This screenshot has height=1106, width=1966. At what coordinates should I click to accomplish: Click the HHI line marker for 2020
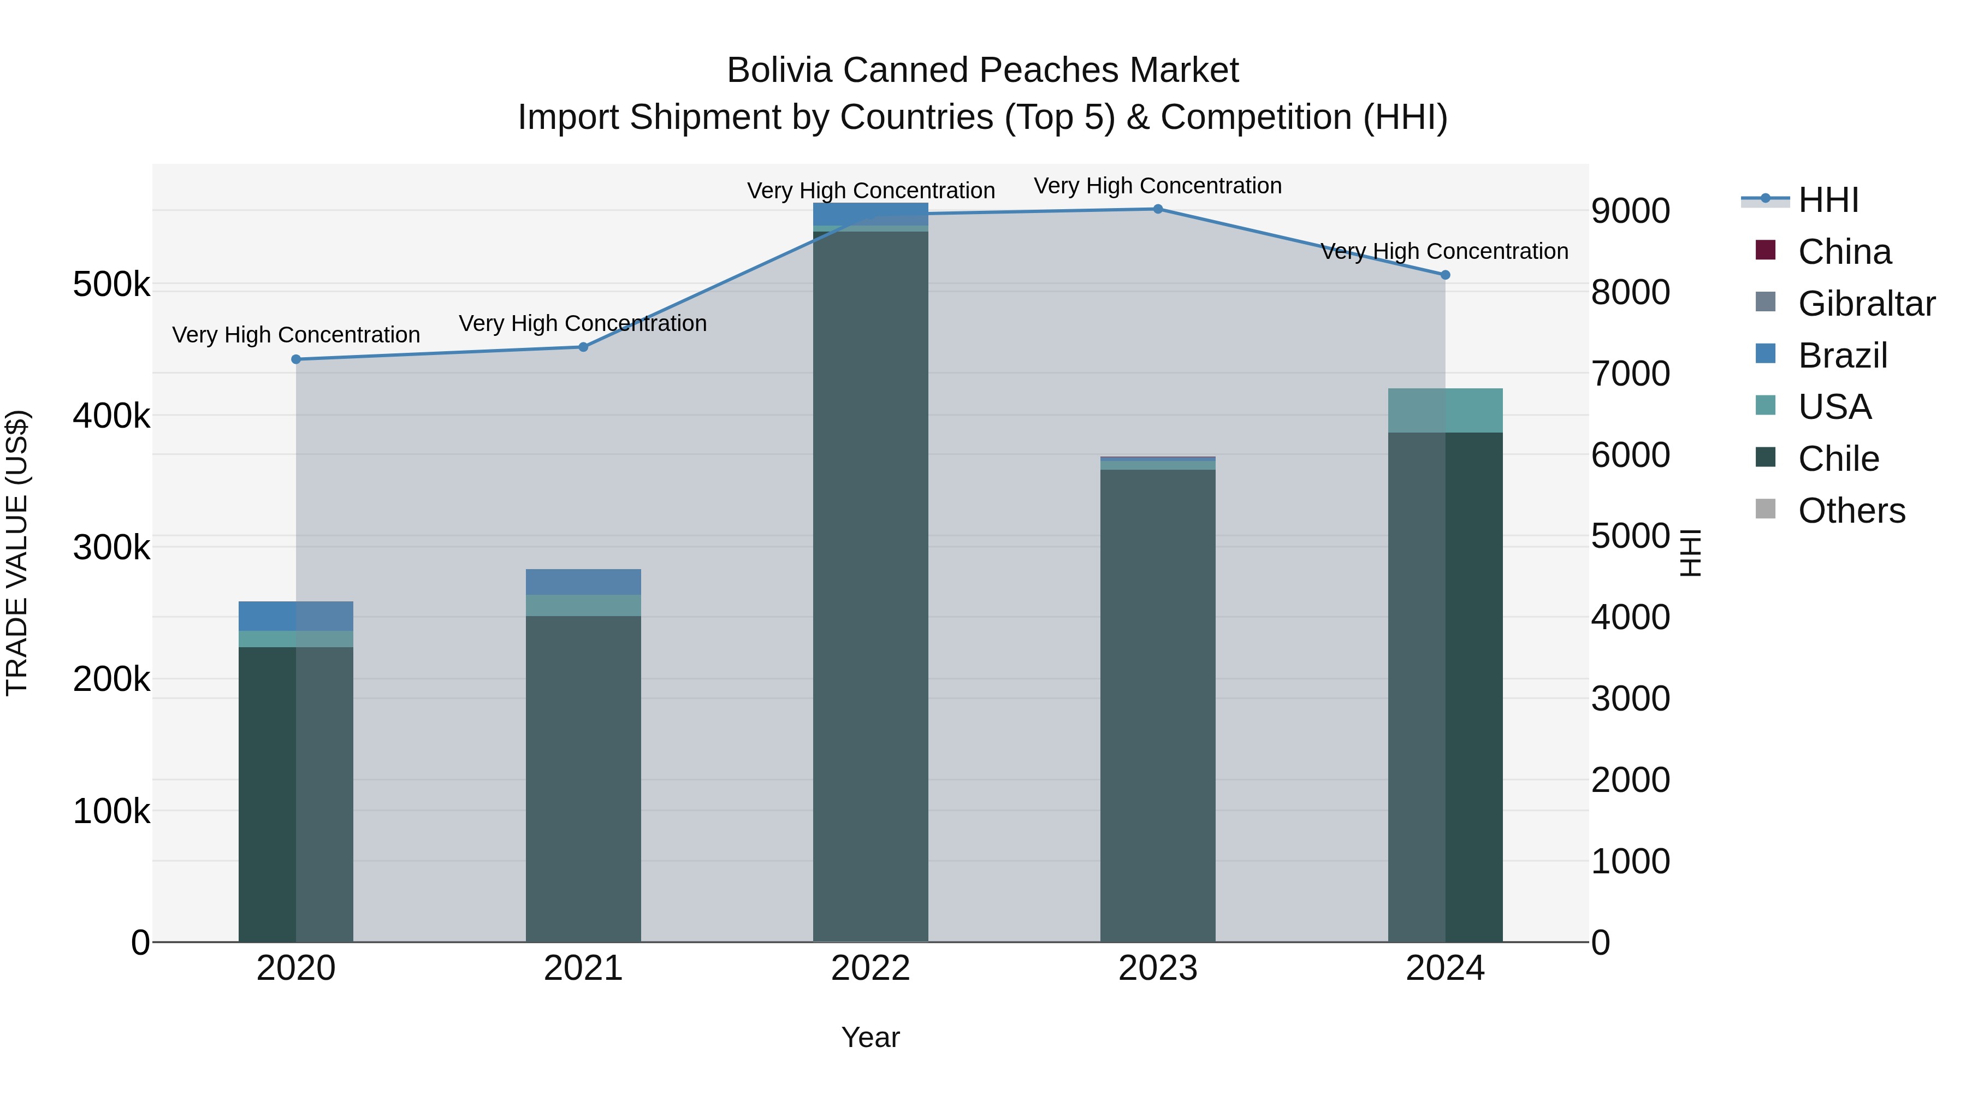296,359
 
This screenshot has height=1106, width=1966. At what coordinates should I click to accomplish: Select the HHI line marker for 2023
1158,209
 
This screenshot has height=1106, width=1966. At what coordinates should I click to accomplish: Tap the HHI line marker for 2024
1444,275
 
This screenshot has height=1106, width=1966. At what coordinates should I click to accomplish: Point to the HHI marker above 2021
583,347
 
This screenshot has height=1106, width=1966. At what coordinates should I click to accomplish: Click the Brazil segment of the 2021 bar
583,582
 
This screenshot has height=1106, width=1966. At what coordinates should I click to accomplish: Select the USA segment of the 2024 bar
1444,411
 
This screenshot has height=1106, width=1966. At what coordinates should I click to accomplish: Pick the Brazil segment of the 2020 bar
296,616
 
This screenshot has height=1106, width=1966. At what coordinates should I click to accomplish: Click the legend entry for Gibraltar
1866,304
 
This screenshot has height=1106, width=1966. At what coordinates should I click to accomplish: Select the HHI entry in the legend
1827,200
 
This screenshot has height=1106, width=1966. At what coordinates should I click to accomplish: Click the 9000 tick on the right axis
1630,211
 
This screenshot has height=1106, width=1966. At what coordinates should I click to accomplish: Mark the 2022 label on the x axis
870,968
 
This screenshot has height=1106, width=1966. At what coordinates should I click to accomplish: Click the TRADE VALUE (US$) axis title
17,553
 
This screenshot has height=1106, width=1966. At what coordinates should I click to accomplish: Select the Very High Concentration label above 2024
1444,251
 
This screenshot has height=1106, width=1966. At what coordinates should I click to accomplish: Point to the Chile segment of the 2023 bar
1158,702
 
